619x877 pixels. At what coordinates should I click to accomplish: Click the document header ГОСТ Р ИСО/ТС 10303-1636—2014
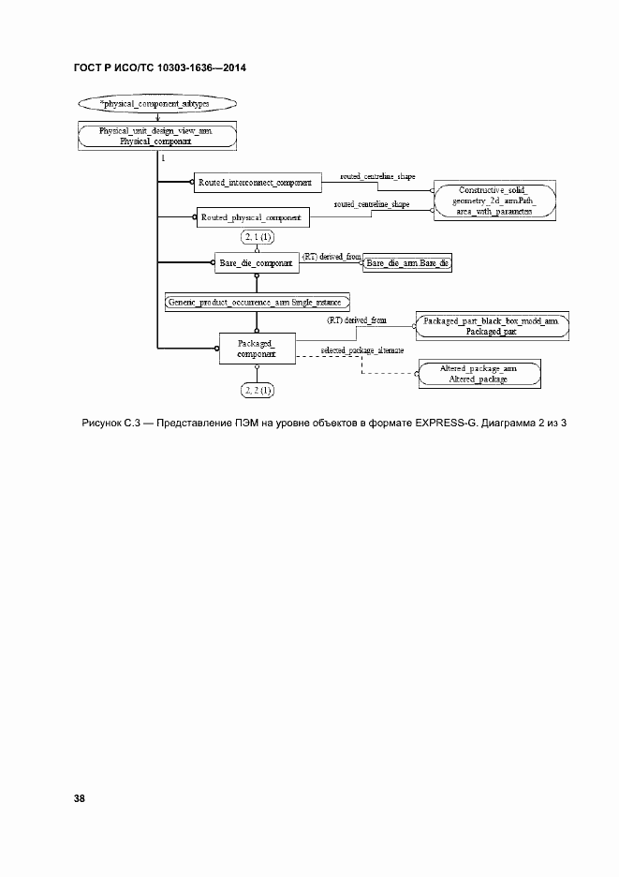pyautogui.click(x=159, y=68)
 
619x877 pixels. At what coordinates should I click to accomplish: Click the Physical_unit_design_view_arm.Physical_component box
pyautogui.click(x=155, y=136)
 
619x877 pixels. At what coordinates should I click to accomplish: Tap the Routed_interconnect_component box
pyautogui.click(x=255, y=181)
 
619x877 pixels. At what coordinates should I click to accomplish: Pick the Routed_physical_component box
pyautogui.click(x=251, y=217)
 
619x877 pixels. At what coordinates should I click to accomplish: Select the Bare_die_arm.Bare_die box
pyautogui.click(x=407, y=264)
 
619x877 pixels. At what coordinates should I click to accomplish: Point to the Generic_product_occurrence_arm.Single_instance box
pyautogui.click(x=256, y=302)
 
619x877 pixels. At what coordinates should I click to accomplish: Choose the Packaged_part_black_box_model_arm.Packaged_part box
pyautogui.click(x=479, y=325)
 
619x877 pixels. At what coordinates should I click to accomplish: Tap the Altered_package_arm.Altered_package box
pyautogui.click(x=479, y=374)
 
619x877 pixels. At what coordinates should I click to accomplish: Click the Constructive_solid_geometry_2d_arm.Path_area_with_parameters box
pyautogui.click(x=493, y=200)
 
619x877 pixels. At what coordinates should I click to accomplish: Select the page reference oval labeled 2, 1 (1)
pyautogui.click(x=256, y=238)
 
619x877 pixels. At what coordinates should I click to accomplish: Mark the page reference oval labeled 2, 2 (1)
pyautogui.click(x=256, y=389)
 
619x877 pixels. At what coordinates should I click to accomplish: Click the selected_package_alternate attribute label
pyautogui.click(x=362, y=349)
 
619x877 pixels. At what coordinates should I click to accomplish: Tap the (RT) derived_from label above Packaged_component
pyautogui.click(x=356, y=320)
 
